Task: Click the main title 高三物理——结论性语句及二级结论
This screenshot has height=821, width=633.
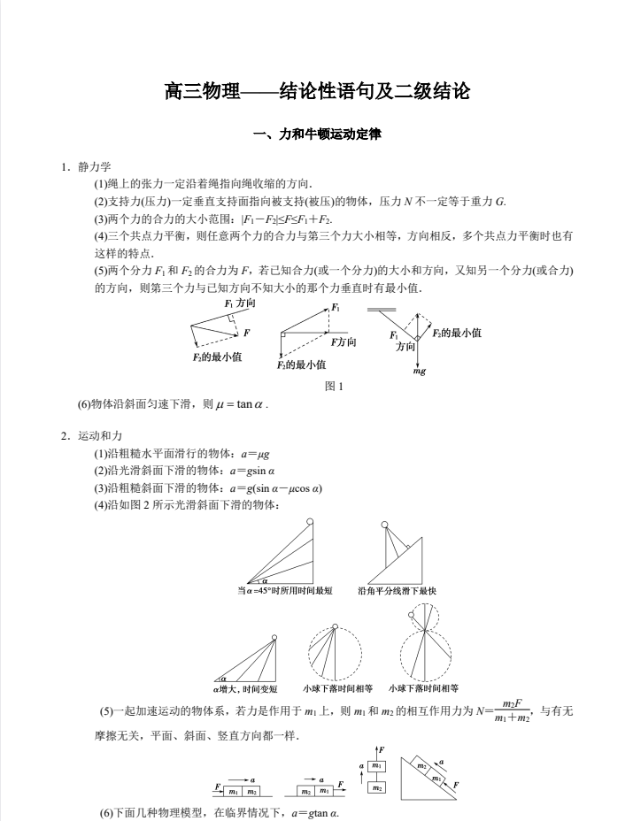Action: pyautogui.click(x=316, y=91)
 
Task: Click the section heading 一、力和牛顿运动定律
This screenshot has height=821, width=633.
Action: pyautogui.click(x=316, y=135)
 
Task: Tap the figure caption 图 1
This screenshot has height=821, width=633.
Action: pyautogui.click(x=334, y=386)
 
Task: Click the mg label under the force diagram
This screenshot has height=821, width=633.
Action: pyautogui.click(x=421, y=372)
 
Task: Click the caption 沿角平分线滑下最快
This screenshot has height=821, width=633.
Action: pyautogui.click(x=398, y=590)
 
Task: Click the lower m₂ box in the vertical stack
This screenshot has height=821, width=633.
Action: pyautogui.click(x=378, y=786)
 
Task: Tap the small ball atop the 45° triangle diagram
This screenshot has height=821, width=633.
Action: pyautogui.click(x=310, y=521)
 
